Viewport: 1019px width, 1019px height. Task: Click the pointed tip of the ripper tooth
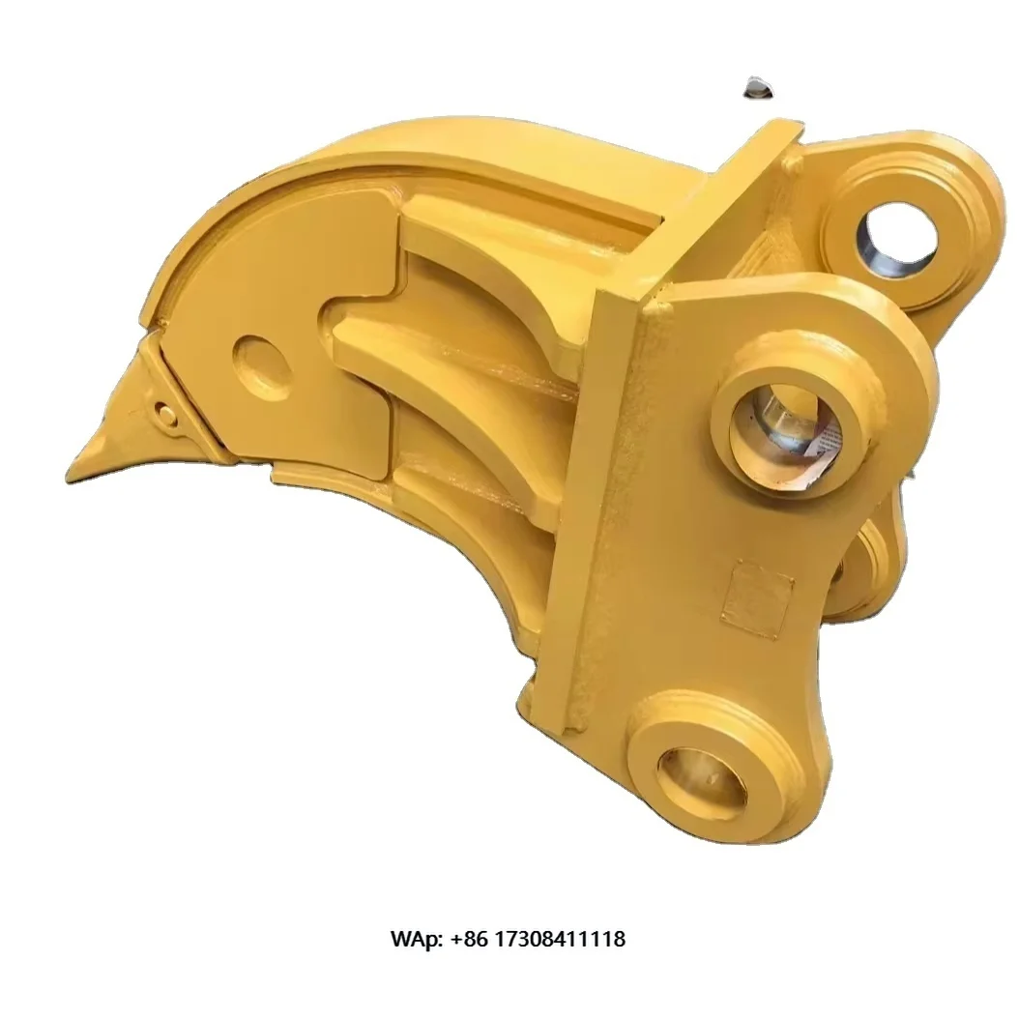[70, 476]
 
